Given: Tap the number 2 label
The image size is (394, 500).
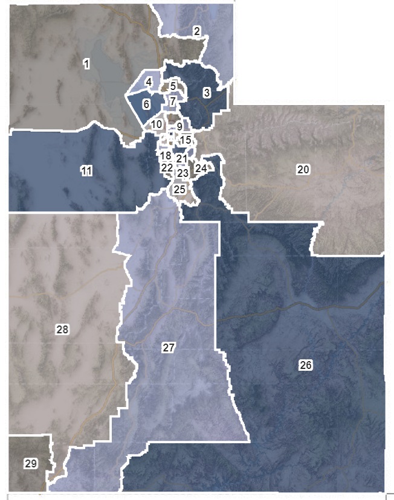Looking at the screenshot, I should [197, 31].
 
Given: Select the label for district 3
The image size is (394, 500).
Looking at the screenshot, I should [207, 93].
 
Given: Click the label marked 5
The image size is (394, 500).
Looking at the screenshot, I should [173, 87].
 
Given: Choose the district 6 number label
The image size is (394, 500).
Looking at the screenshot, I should [146, 104].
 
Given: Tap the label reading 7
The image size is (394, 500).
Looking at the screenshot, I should [173, 101].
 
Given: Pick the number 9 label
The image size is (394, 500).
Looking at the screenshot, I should [179, 127].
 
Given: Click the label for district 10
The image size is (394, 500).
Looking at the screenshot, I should [157, 124].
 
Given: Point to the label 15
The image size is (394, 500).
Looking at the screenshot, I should [186, 140].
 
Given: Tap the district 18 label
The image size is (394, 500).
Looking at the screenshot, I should [166, 156].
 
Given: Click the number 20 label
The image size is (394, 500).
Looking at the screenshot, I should [303, 170].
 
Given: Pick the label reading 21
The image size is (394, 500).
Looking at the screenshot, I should [182, 159].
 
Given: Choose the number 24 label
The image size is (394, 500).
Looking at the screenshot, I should [201, 168].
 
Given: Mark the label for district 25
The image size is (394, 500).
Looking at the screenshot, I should [179, 189].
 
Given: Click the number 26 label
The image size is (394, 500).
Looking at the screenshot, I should [306, 365].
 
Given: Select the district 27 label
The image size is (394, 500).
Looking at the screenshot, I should [168, 347].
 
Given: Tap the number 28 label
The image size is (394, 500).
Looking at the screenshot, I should [62, 329].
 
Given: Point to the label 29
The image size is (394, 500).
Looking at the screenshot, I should [31, 463].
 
